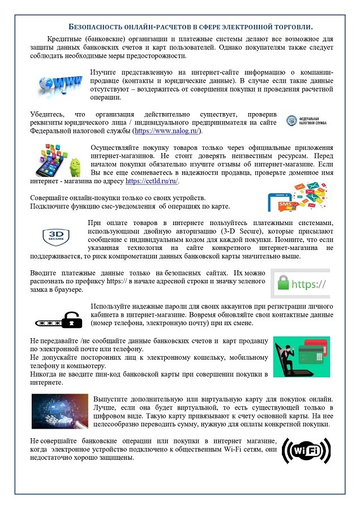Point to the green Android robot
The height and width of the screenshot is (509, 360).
tap(75, 166)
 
